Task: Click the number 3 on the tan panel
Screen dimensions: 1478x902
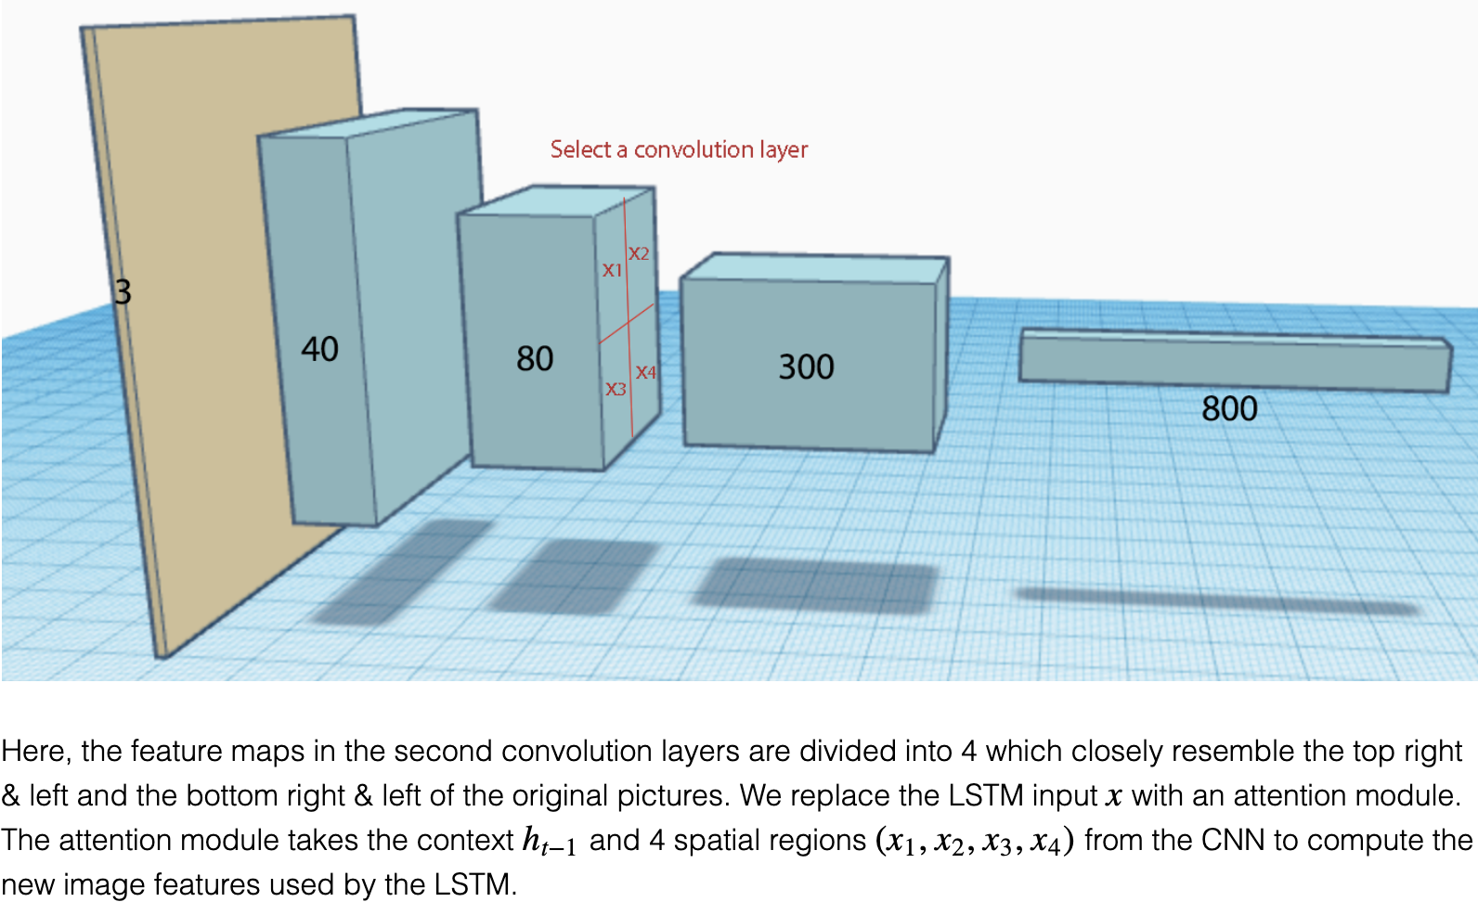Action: [x=123, y=292]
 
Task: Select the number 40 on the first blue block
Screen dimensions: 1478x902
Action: [x=320, y=349]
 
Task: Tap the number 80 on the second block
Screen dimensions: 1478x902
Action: [x=535, y=358]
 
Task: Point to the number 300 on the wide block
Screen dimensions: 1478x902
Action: [x=806, y=367]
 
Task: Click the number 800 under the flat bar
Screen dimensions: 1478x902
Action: [x=1229, y=408]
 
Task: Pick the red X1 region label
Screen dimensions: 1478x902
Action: [x=612, y=270]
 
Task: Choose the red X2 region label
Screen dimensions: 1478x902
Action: [x=639, y=253]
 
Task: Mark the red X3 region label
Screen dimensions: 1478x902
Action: [x=616, y=389]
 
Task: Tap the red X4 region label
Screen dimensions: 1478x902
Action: [x=646, y=372]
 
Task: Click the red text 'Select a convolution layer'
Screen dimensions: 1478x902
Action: [x=679, y=149]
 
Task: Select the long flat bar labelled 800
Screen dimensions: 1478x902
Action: [x=1235, y=360]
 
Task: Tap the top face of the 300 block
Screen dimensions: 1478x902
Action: [x=815, y=268]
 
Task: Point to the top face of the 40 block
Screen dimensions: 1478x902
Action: [x=368, y=124]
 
